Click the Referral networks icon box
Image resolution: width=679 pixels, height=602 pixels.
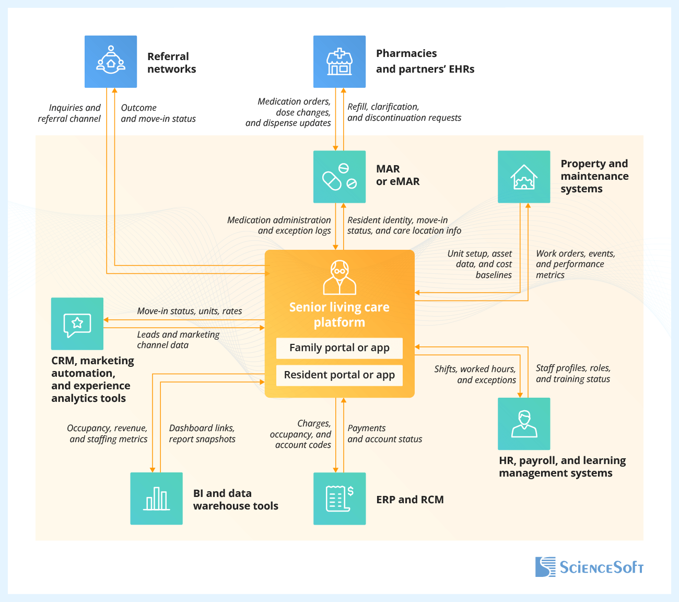pos(111,62)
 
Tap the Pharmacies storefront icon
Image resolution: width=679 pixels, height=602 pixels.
pos(340,62)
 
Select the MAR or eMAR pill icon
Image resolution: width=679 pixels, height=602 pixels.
pos(340,177)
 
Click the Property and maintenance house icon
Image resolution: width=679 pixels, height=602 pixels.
pos(524,177)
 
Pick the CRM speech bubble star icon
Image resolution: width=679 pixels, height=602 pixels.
pos(77,324)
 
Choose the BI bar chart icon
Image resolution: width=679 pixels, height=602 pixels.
pos(156,499)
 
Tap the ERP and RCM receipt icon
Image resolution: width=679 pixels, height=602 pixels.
pos(340,499)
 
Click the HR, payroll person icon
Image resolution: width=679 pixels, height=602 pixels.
pos(524,424)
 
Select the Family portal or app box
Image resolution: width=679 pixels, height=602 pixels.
pos(340,348)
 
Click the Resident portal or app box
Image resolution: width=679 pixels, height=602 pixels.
pos(340,375)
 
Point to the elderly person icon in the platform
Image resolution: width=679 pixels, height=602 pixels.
pos(340,277)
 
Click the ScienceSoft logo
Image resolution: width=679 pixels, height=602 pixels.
pos(589,567)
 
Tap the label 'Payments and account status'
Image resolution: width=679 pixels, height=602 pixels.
pos(384,434)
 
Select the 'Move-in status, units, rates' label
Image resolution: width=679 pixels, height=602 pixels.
pos(190,311)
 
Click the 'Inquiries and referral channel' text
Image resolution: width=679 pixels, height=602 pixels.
pos(69,113)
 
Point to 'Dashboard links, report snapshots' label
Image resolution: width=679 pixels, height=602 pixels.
pos(202,434)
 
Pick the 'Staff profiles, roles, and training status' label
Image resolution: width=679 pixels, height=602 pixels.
pos(573,374)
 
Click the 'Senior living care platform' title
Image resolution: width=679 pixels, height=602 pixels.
pos(340,315)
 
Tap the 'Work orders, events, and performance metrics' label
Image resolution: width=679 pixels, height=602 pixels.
pos(575,264)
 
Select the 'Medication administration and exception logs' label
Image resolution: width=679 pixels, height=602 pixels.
pos(279,225)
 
